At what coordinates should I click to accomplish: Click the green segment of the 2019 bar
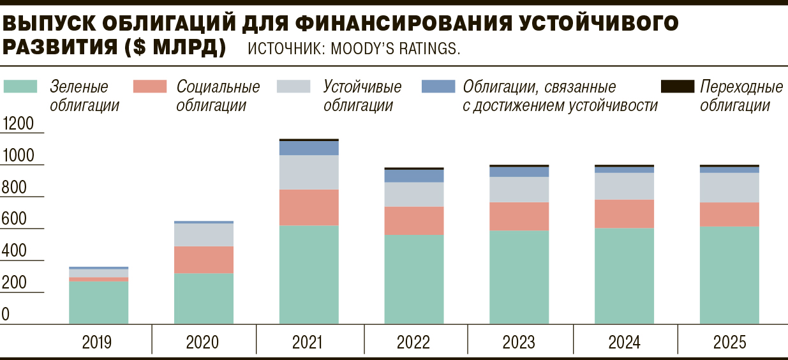pyautogui.click(x=98, y=303)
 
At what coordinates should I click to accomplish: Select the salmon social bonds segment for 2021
pyautogui.click(x=309, y=207)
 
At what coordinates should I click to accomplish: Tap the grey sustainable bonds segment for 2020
pyautogui.click(x=204, y=235)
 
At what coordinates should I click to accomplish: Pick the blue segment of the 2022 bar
pyautogui.click(x=413, y=176)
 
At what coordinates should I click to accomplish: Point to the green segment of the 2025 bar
pyautogui.click(x=729, y=276)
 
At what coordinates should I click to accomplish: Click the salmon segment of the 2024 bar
pyautogui.click(x=624, y=214)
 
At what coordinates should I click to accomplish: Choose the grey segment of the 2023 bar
pyautogui.click(x=519, y=190)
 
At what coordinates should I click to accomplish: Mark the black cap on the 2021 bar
pyautogui.click(x=309, y=139)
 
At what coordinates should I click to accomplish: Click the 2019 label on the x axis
pyautogui.click(x=97, y=343)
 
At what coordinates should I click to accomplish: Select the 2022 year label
pyautogui.click(x=413, y=343)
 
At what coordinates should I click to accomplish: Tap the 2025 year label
pyautogui.click(x=729, y=343)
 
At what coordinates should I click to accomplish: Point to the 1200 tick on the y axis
pyautogui.click(x=18, y=124)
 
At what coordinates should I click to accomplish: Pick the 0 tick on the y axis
pyautogui.click(x=6, y=315)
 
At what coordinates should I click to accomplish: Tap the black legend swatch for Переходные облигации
pyautogui.click(x=677, y=84)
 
